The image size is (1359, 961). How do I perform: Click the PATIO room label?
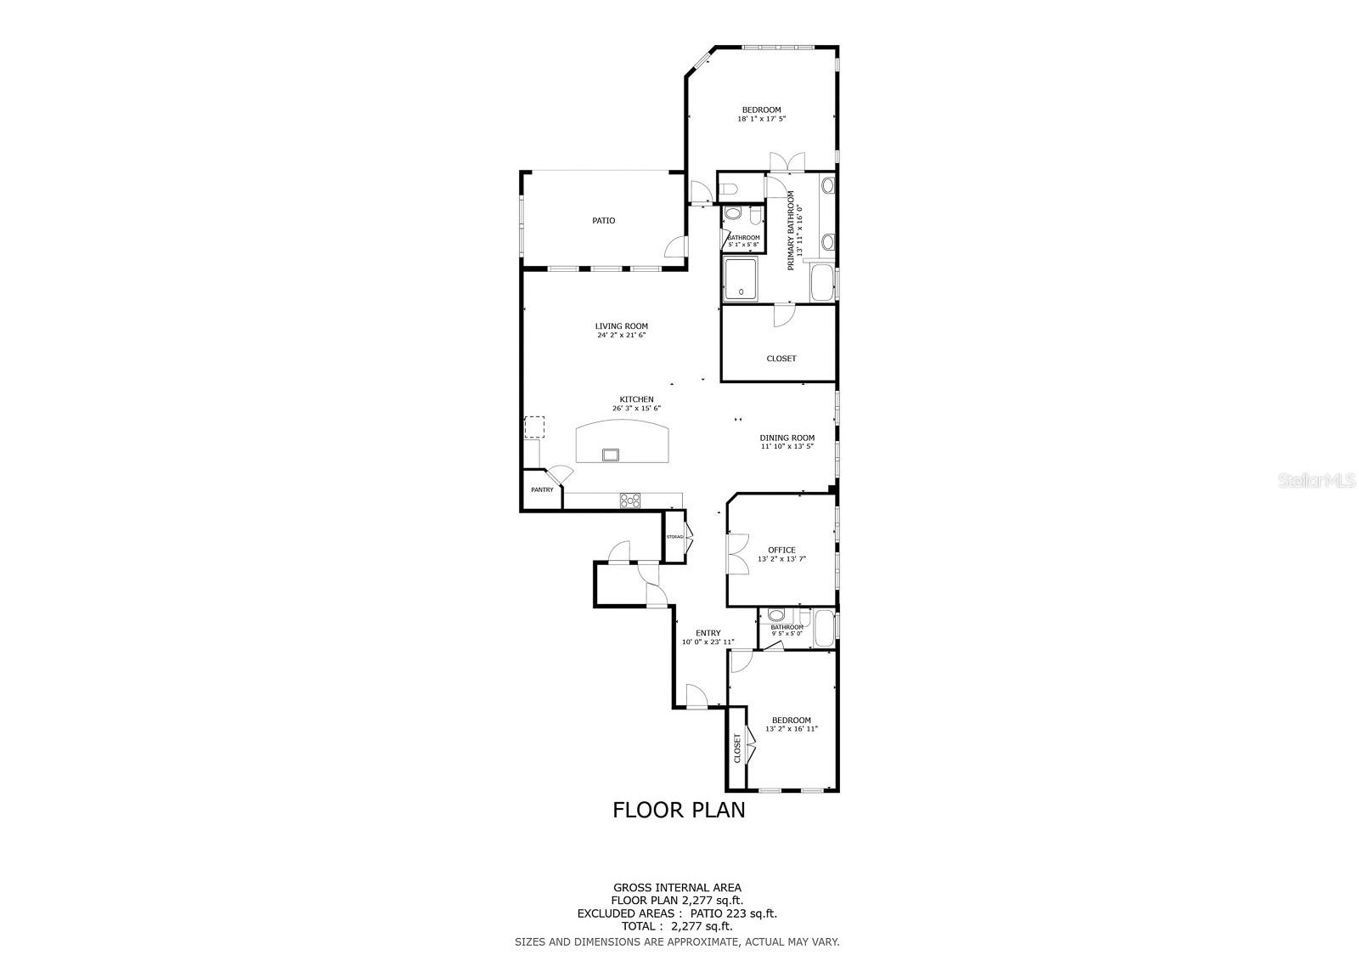[x=603, y=221]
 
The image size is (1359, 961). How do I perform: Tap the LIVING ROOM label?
[x=621, y=325]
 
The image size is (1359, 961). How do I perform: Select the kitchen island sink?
[x=611, y=455]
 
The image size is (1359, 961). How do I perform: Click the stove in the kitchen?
[x=629, y=500]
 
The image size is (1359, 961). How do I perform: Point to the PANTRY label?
[x=542, y=489]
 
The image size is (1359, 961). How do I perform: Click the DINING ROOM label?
[x=787, y=438]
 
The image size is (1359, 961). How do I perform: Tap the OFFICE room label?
[x=781, y=550]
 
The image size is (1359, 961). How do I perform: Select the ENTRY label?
[x=708, y=633]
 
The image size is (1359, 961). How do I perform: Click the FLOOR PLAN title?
[x=679, y=810]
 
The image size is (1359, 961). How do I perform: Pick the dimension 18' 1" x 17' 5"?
[x=761, y=119]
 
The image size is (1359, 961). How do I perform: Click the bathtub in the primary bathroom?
[x=822, y=283]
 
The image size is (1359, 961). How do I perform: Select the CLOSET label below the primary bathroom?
[x=781, y=359]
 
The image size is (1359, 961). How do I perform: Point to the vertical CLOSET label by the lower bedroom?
[x=737, y=748]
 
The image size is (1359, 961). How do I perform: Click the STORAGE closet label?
[x=674, y=537]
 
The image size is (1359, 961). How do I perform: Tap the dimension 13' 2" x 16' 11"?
[x=791, y=729]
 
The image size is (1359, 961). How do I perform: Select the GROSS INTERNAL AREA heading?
[x=677, y=888]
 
